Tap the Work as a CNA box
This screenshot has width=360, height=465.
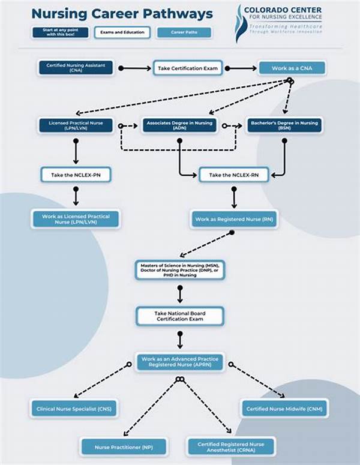(x=292, y=68)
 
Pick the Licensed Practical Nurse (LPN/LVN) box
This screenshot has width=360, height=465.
(x=76, y=125)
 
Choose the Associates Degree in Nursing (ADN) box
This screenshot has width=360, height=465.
(x=179, y=125)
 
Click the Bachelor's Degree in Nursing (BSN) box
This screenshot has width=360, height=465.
(x=284, y=125)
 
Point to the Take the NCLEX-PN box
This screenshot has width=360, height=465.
(x=76, y=175)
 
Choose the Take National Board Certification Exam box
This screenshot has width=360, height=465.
(x=180, y=316)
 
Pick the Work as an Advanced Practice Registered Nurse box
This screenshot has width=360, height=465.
(x=180, y=362)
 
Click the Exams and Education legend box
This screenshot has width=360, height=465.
(x=122, y=32)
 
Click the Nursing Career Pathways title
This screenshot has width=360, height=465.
(x=122, y=13)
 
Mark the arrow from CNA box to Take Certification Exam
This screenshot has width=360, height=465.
(x=135, y=68)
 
